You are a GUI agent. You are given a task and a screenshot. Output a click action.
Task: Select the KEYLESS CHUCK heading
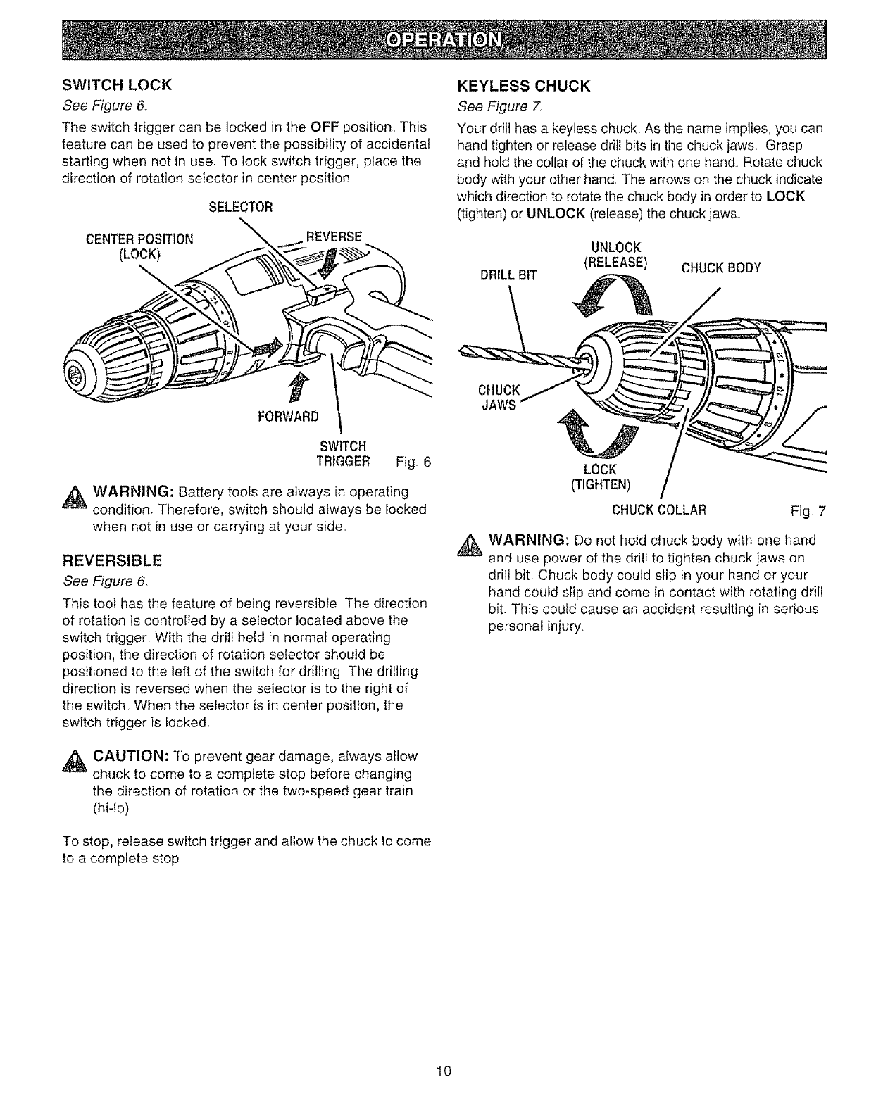[x=523, y=87]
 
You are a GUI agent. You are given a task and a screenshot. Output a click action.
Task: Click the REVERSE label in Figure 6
[x=331, y=236]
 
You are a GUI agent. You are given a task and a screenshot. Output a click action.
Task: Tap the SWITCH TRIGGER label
[x=343, y=453]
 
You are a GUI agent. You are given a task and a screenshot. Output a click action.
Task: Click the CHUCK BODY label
[x=719, y=268]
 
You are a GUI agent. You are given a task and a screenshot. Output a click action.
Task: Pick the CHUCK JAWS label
[x=499, y=397]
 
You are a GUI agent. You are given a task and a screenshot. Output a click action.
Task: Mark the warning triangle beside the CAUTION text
[x=73, y=761]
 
